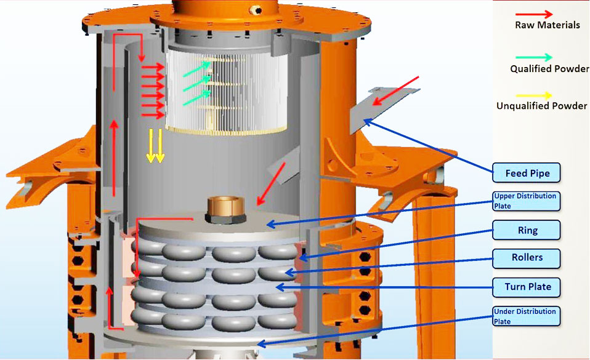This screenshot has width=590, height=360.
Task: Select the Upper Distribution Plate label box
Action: click(527, 201)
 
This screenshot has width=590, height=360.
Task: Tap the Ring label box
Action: click(527, 230)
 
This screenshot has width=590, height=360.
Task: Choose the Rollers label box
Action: click(527, 257)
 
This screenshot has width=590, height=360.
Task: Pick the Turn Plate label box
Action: click(527, 286)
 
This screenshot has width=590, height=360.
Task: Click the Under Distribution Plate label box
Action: click(527, 316)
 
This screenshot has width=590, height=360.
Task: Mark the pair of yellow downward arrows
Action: click(155, 146)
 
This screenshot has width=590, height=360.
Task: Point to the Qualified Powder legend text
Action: click(549, 69)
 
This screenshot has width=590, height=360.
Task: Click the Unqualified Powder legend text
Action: click(541, 106)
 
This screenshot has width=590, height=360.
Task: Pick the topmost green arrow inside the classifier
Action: click(197, 67)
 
